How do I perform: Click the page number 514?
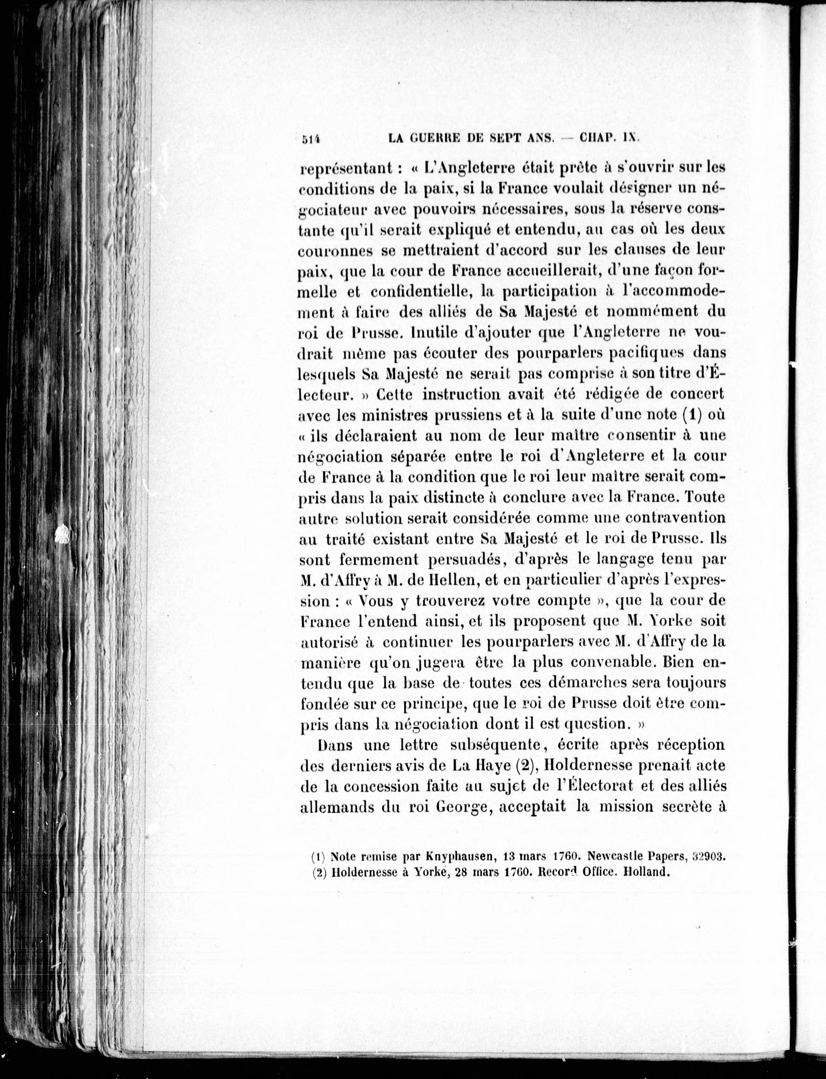[310, 139]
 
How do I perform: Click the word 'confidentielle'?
[422, 291]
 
